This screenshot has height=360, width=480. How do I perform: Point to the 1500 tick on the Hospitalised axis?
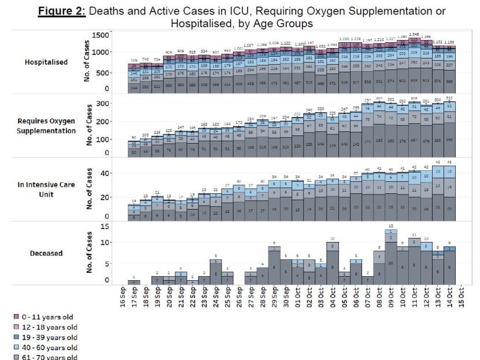101,36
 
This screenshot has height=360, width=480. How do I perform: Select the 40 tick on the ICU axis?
104,173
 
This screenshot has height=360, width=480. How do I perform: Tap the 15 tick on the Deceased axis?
105,225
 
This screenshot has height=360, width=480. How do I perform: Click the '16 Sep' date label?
122,296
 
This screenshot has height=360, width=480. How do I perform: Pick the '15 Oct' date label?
461,296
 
